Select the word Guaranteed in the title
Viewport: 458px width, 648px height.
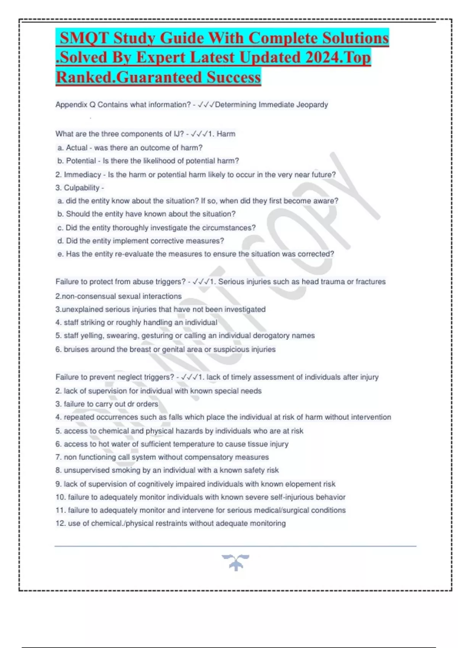160,77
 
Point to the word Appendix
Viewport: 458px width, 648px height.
71,105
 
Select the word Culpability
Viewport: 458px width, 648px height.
81,188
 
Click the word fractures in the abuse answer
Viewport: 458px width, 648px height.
371,282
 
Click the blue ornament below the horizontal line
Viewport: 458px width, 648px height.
235,563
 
